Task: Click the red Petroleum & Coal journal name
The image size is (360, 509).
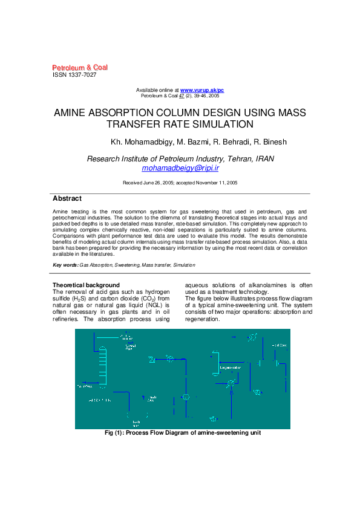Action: click(x=80, y=67)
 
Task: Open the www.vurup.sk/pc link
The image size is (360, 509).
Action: click(x=202, y=90)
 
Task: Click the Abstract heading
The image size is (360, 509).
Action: click(x=67, y=198)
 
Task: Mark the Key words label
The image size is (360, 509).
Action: click(x=65, y=265)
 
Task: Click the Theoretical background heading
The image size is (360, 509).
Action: click(x=86, y=285)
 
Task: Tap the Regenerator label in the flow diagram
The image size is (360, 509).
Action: click(x=231, y=368)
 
